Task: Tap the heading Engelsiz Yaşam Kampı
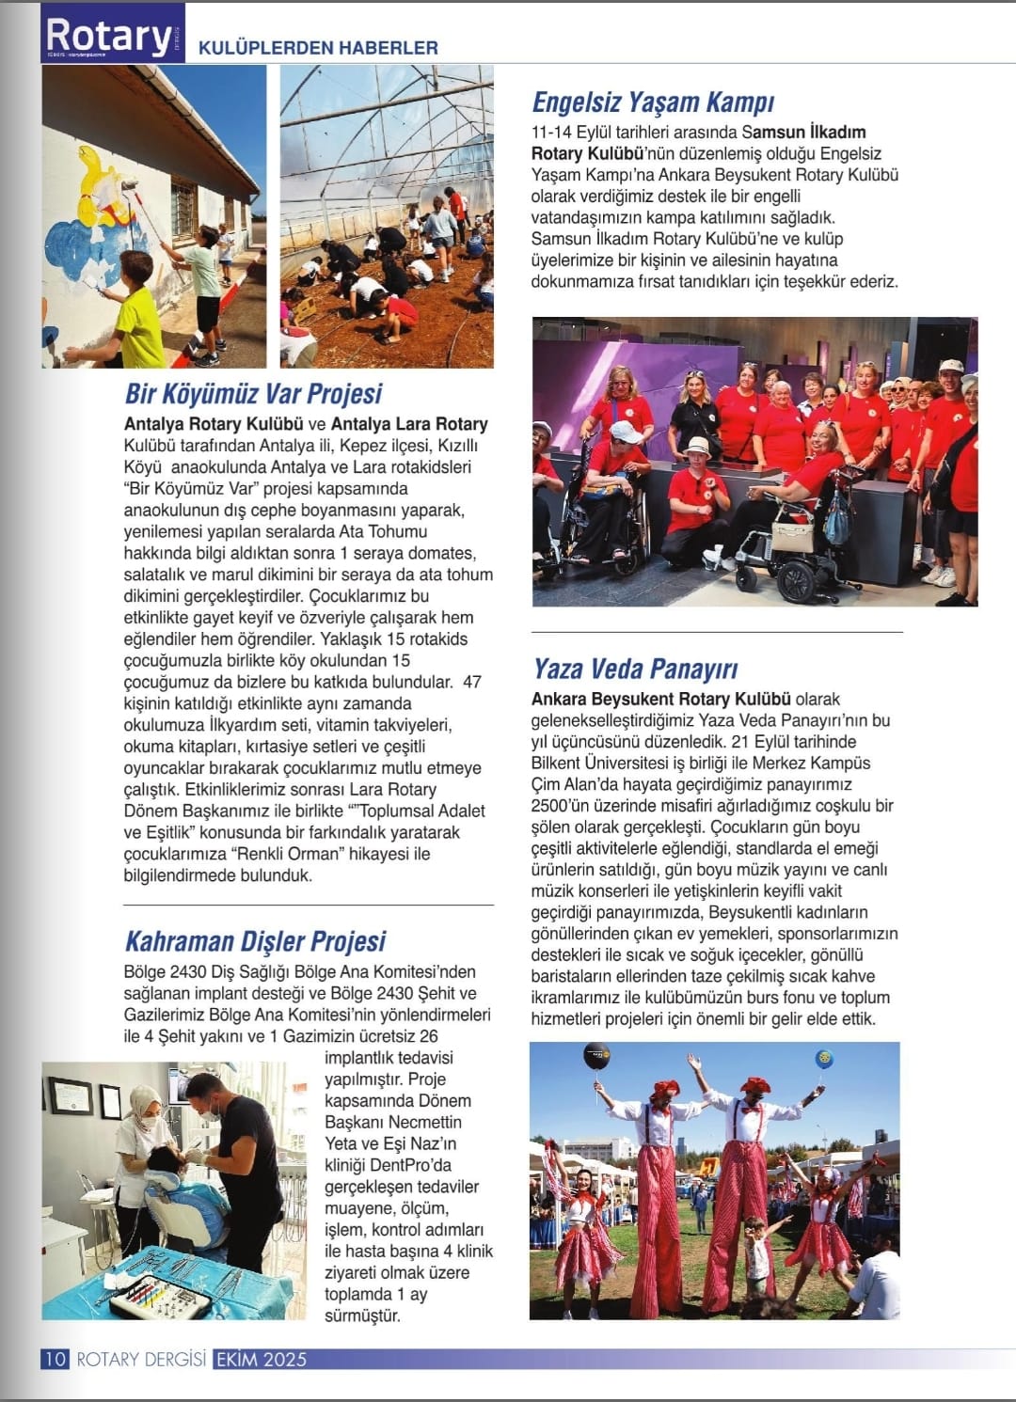[653, 102]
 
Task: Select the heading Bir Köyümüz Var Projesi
[253, 393]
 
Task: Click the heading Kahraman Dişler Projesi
[255, 941]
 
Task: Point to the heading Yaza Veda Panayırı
[635, 669]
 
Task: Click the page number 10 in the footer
[55, 1359]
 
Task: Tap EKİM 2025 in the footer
[261, 1359]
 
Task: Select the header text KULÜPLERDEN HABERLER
[318, 47]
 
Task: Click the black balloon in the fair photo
[595, 1057]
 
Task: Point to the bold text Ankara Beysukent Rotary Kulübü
[660, 699]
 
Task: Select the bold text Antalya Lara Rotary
[409, 424]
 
